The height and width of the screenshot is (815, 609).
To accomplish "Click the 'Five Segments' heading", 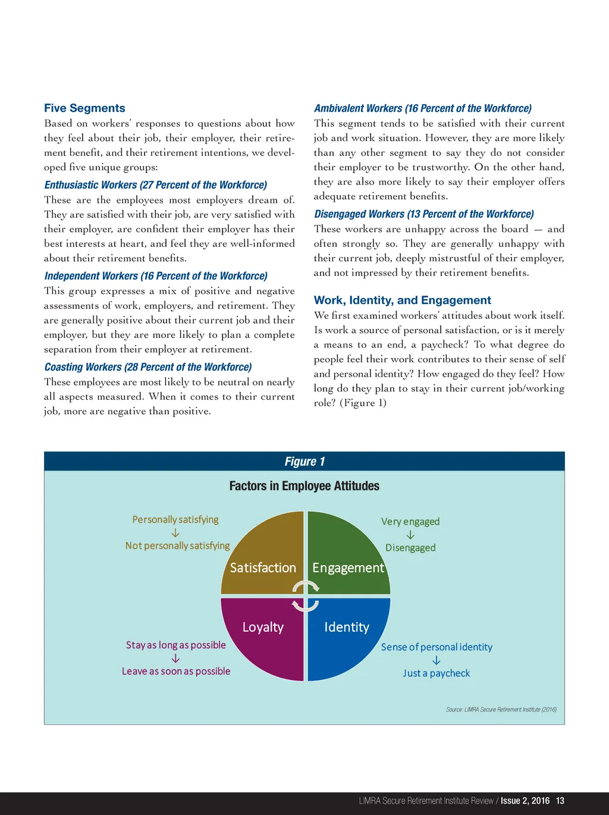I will pos(84,108).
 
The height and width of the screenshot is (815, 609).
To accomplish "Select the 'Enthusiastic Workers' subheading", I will pos(155,185).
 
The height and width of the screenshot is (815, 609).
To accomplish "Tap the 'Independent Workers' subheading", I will pos(155,276).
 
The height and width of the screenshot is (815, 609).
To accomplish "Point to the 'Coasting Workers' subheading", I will pos(147,367).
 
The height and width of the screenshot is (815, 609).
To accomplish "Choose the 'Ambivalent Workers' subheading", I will pos(422,108).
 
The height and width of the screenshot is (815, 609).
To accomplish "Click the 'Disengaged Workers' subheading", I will pos(423,214).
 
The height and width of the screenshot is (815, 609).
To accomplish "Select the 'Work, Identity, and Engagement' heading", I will pos(402,300).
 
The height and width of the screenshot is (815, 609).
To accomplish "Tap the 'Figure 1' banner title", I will pos(304,462).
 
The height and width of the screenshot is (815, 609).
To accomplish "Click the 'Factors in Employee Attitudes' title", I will pos(304,486).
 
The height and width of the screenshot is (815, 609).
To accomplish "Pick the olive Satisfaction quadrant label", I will pos(263,568).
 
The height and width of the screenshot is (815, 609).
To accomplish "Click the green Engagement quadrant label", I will pos(348,568).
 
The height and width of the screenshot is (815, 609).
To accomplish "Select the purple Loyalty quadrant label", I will pos(263,627).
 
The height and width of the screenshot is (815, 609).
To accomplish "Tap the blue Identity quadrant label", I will pos(347,627).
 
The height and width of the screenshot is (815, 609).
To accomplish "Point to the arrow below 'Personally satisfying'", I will pos(175,533).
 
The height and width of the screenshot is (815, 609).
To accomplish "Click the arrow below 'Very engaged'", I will pos(410,535).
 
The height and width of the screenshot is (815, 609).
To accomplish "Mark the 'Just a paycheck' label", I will pos(436,673).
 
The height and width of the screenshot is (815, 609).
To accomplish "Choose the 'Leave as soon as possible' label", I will pos(176,671).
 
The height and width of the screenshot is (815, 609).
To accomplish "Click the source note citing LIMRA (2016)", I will pos(501,709).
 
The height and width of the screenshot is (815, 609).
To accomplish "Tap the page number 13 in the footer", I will pos(560,801).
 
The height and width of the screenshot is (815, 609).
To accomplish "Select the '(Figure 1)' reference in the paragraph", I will pos(363,403).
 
